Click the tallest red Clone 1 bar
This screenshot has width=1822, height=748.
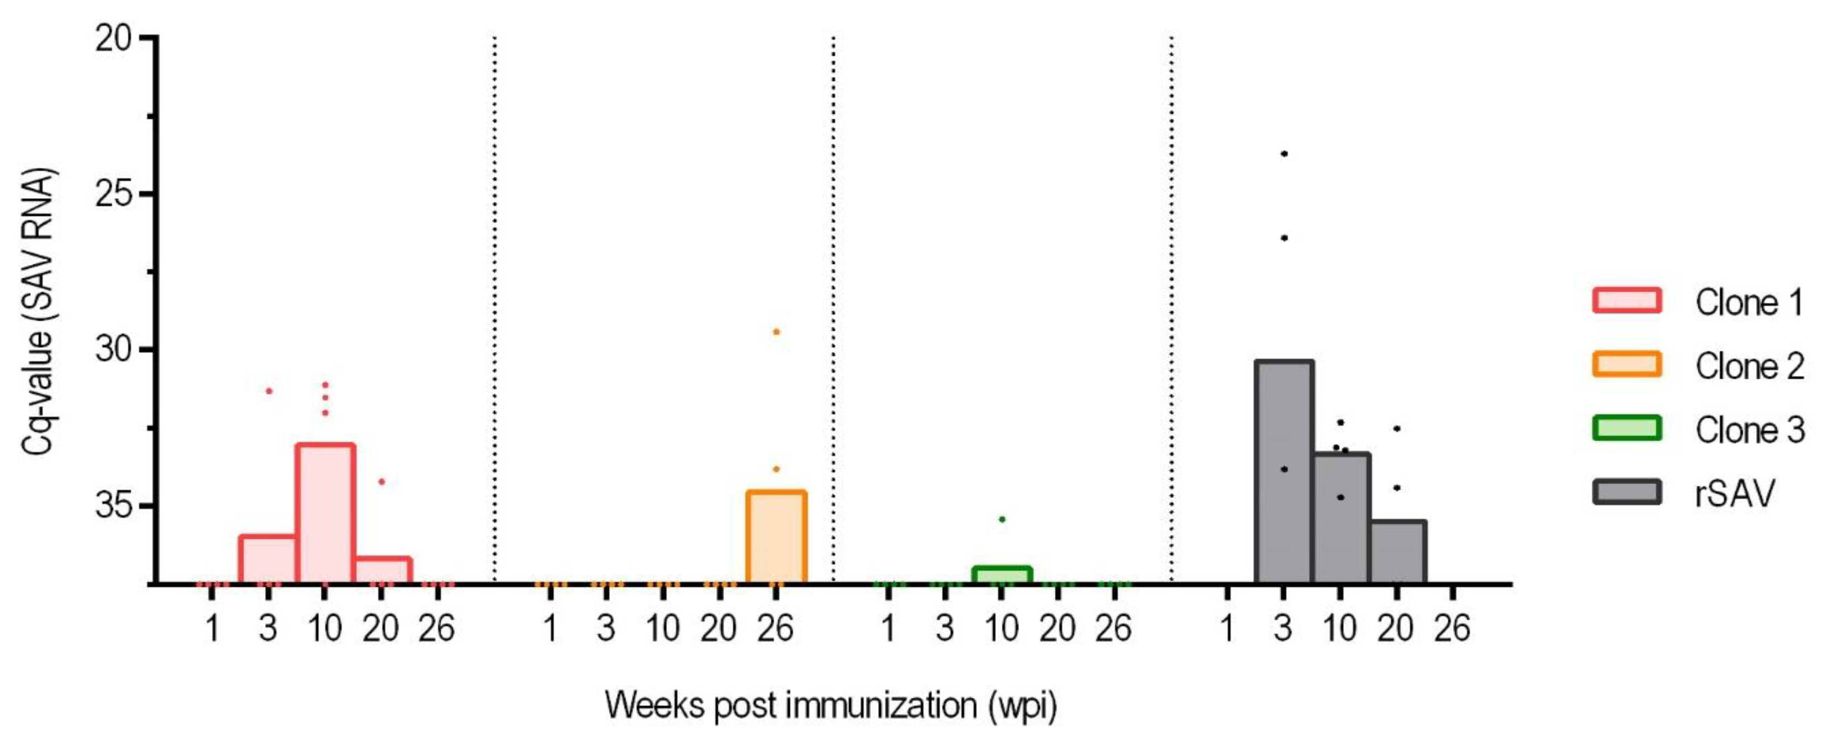tap(325, 513)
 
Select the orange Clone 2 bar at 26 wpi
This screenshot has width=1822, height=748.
tap(776, 537)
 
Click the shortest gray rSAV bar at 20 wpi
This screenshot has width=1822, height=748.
tap(1397, 552)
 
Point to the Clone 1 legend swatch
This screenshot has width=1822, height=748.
tap(1627, 300)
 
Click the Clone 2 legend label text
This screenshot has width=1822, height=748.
tap(1749, 366)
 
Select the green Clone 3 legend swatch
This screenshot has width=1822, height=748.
tap(1627, 428)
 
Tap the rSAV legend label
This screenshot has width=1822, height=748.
tap(1734, 493)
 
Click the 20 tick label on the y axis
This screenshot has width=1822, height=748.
tap(114, 38)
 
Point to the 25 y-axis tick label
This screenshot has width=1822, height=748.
tap(114, 193)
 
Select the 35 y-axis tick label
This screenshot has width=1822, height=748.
tap(114, 506)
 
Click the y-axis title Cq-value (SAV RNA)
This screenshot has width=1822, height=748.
tap(37, 312)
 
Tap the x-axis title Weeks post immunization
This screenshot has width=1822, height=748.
tap(831, 705)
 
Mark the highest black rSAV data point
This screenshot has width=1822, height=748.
tap(1284, 153)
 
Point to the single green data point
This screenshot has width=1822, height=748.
tap(1001, 519)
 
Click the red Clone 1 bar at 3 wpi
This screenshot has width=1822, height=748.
tap(268, 559)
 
